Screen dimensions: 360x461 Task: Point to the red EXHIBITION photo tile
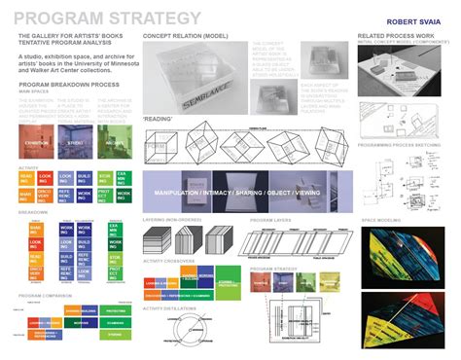tap(40, 141)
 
